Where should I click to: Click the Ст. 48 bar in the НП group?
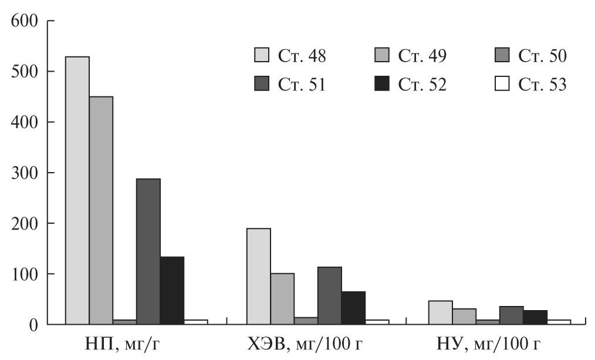click(77, 190)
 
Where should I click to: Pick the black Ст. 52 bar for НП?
click(172, 290)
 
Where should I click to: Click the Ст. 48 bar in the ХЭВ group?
click(259, 276)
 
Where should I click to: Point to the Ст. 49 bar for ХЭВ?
click(282, 298)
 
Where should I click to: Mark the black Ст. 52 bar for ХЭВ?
click(353, 308)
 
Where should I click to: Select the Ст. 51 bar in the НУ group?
click(512, 315)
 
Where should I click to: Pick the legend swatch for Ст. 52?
click(381, 85)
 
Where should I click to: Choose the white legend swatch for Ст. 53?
click(502, 85)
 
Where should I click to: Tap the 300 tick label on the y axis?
click(24, 173)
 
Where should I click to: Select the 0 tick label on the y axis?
click(33, 324)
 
